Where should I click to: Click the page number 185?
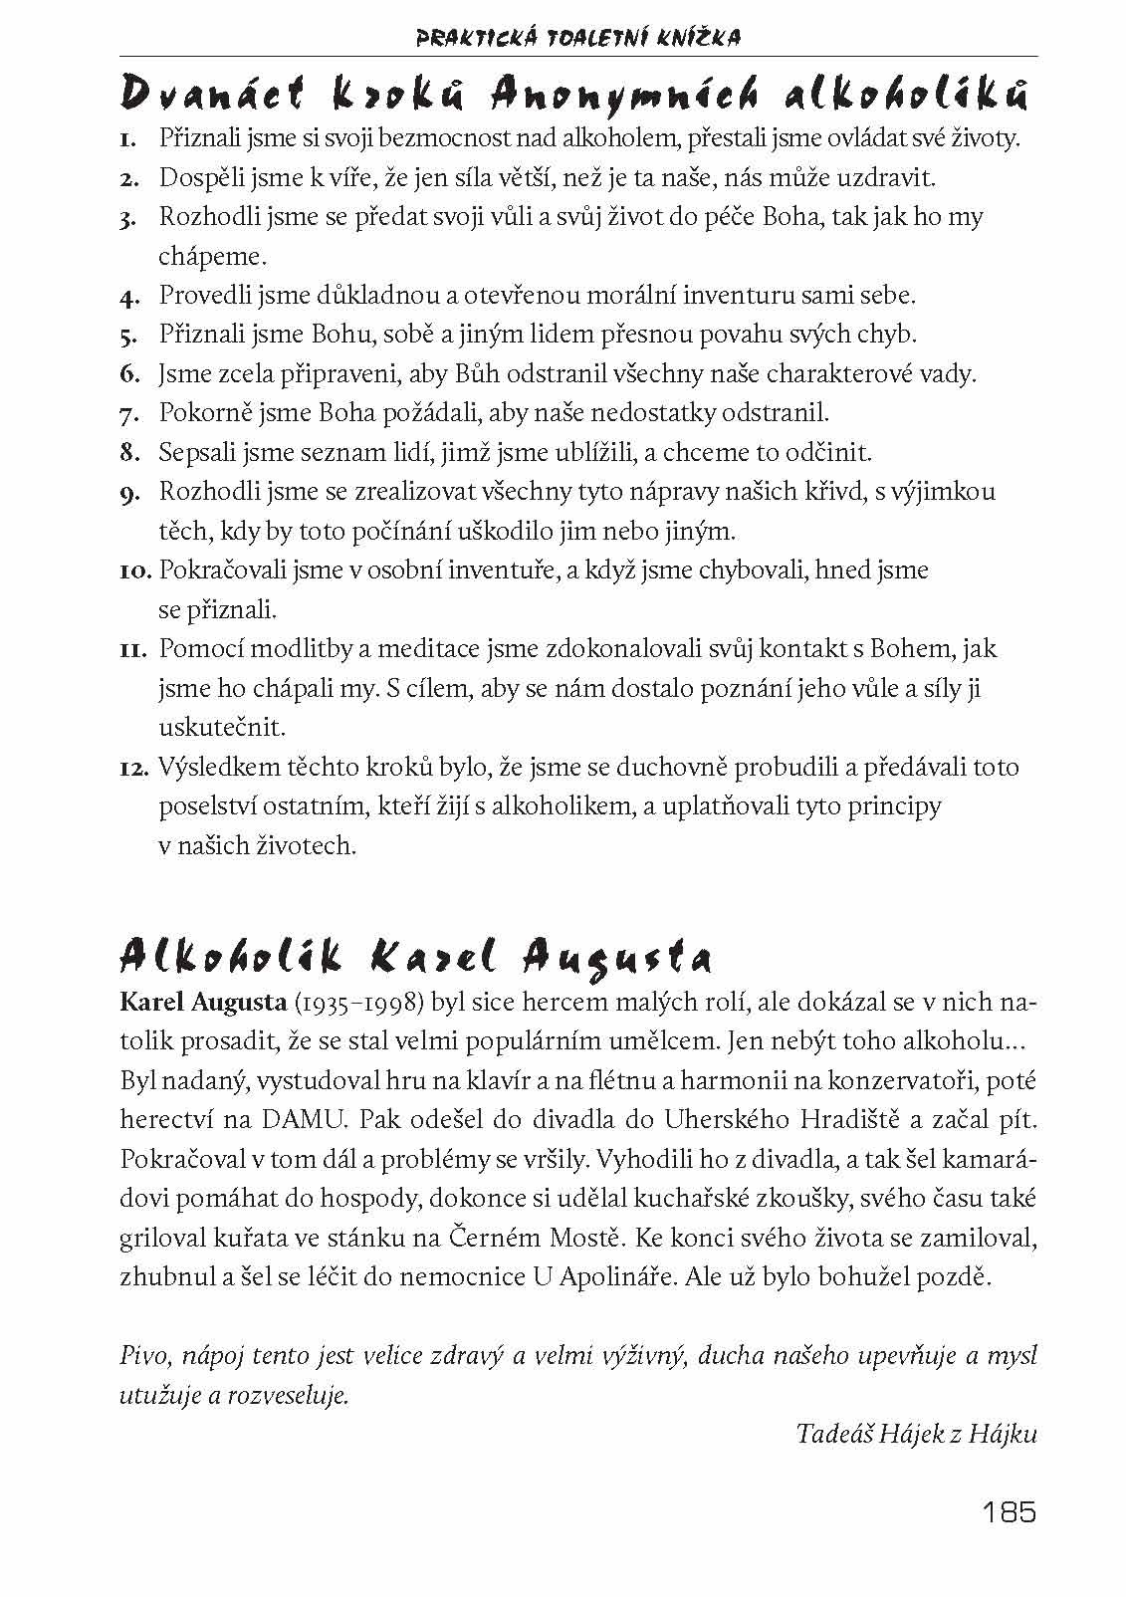click(1009, 1512)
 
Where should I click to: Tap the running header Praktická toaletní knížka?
click(577, 39)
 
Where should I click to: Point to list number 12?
click(134, 769)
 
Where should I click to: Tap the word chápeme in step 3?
click(211, 256)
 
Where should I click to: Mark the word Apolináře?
click(613, 1277)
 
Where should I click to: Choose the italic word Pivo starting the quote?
click(140, 1356)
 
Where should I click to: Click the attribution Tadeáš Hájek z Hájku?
click(916, 1434)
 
